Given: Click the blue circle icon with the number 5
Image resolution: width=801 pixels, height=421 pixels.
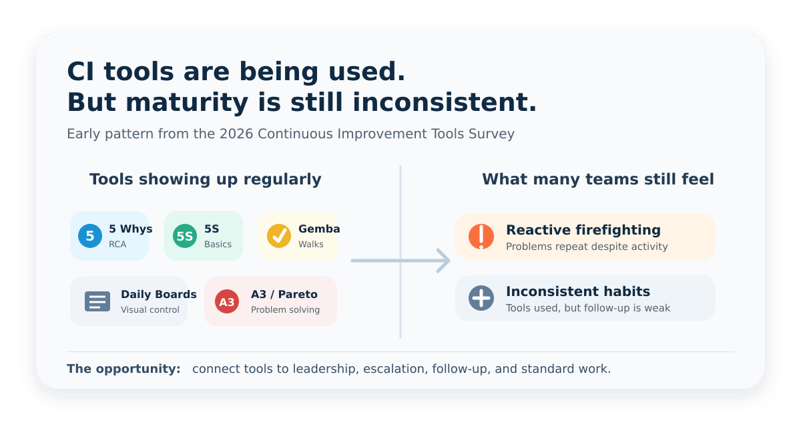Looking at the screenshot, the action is point(90,236).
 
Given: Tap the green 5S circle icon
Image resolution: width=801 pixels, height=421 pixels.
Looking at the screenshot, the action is point(185,236).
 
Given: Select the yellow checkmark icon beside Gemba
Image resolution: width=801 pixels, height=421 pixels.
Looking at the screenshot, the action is point(279,236).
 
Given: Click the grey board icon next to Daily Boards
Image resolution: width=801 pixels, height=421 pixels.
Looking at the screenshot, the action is point(97,301).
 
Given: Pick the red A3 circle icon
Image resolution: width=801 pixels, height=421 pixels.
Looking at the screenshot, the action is point(227,301).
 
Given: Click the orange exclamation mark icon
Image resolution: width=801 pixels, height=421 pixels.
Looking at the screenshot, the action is point(481,237).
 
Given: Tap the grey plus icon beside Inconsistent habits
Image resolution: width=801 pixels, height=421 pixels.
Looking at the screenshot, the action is point(481,298).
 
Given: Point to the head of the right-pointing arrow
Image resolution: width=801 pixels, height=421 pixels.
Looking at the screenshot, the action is point(449,261).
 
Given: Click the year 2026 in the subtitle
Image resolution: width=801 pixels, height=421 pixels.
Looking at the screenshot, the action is point(236,134).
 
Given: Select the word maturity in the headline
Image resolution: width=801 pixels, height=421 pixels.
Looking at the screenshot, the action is point(187,103).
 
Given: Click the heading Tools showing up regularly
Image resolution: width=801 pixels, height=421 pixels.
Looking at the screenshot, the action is point(206,179).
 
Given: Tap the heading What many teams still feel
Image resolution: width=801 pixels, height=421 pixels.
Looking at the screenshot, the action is point(598,179).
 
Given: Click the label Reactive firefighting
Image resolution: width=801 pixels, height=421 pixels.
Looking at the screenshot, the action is point(583,230).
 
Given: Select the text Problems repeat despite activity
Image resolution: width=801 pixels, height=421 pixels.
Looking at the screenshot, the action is point(587,247).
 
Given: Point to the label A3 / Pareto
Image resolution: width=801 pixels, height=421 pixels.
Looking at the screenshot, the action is point(284,294).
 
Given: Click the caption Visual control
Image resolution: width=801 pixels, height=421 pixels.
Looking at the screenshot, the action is point(150,309).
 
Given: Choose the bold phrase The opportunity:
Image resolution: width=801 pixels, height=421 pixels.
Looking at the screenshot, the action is point(123,369).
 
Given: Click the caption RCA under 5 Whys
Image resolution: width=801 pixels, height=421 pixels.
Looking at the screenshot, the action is point(117,244).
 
